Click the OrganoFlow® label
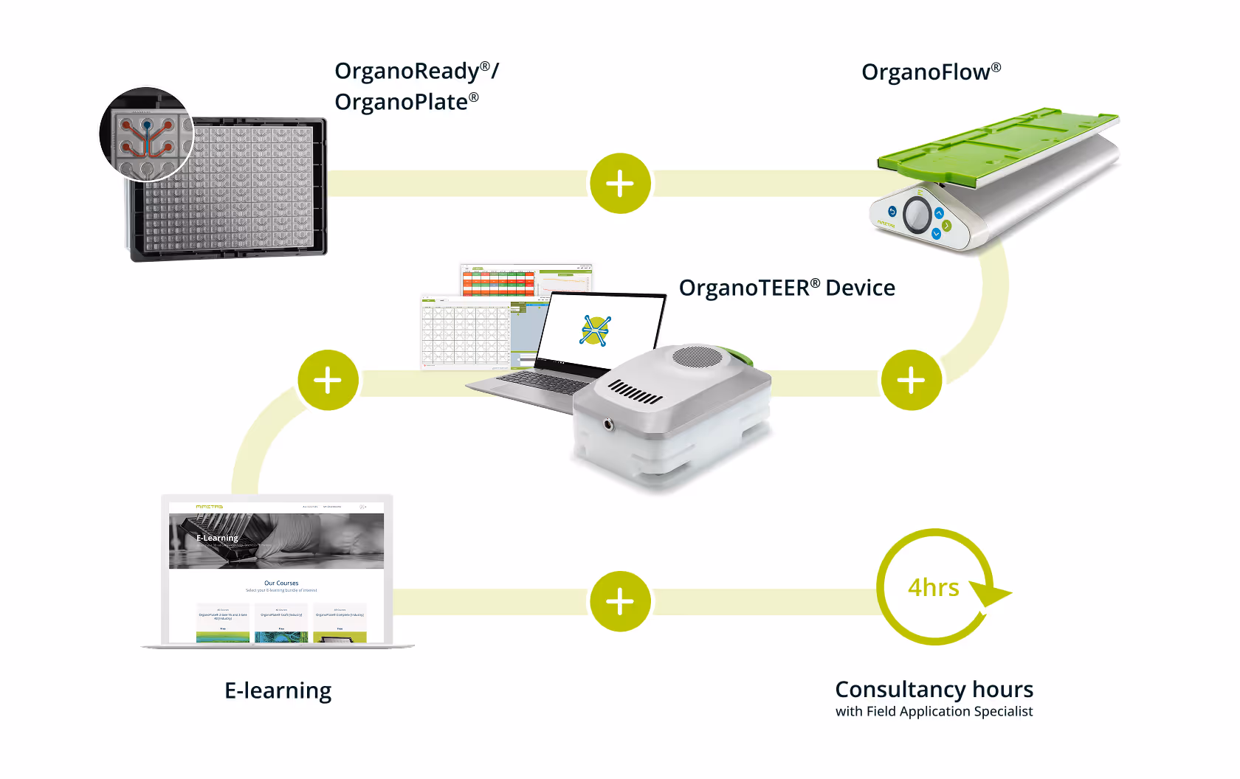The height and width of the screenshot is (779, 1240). (x=931, y=72)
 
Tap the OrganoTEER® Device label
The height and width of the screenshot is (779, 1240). (x=787, y=288)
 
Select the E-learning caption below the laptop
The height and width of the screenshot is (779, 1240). (x=278, y=690)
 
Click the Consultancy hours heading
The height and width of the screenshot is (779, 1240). (x=934, y=689)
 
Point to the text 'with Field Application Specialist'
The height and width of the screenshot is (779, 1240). (x=934, y=712)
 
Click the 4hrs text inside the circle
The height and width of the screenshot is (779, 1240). (x=933, y=588)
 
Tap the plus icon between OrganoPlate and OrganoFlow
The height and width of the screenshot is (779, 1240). (x=620, y=184)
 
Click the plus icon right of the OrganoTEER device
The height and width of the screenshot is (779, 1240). (x=911, y=380)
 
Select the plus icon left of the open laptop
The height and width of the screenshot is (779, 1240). (x=328, y=380)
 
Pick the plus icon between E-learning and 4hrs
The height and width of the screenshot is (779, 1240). (x=620, y=601)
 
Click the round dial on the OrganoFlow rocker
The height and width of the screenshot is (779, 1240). (x=917, y=215)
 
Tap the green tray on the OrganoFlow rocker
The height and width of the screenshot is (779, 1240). (x=996, y=148)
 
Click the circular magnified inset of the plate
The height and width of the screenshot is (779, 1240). (x=146, y=134)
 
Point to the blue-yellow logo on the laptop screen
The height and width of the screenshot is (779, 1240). (x=596, y=330)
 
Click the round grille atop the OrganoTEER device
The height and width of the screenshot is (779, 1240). (x=697, y=357)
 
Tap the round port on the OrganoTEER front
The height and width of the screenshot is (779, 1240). (x=609, y=424)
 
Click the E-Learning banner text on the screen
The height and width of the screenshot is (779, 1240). (x=217, y=538)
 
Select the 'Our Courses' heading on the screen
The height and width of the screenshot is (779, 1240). (x=281, y=583)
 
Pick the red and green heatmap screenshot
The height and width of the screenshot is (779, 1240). (x=498, y=282)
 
